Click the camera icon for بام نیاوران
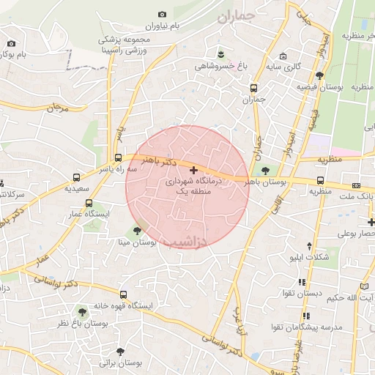click(x=162, y=14)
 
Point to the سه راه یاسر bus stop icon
click(x=118, y=157)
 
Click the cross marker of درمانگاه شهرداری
click(x=193, y=170)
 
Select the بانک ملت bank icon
click(x=357, y=186)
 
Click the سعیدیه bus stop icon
click(x=76, y=177)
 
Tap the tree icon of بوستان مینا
click(x=137, y=230)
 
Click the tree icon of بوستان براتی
click(x=121, y=350)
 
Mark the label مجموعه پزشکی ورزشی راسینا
click(x=128, y=44)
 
